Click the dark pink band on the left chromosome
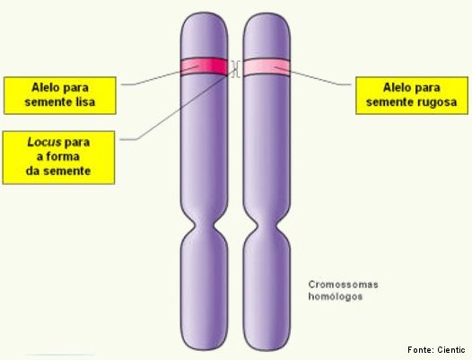pos(204,66)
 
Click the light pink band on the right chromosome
pos(267,67)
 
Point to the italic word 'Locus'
pos(44,142)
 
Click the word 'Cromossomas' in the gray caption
pos(343,285)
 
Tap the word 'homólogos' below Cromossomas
pos(335,296)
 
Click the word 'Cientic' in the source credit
pos(451,350)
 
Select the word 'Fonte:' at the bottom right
pos(421,350)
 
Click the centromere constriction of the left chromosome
pos(205,225)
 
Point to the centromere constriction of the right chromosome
pos(267,225)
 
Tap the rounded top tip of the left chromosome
pos(205,13)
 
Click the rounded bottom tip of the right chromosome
pos(267,350)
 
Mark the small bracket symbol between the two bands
pos(236,69)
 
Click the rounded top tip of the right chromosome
pos(267,13)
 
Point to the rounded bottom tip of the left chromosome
pos(205,349)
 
